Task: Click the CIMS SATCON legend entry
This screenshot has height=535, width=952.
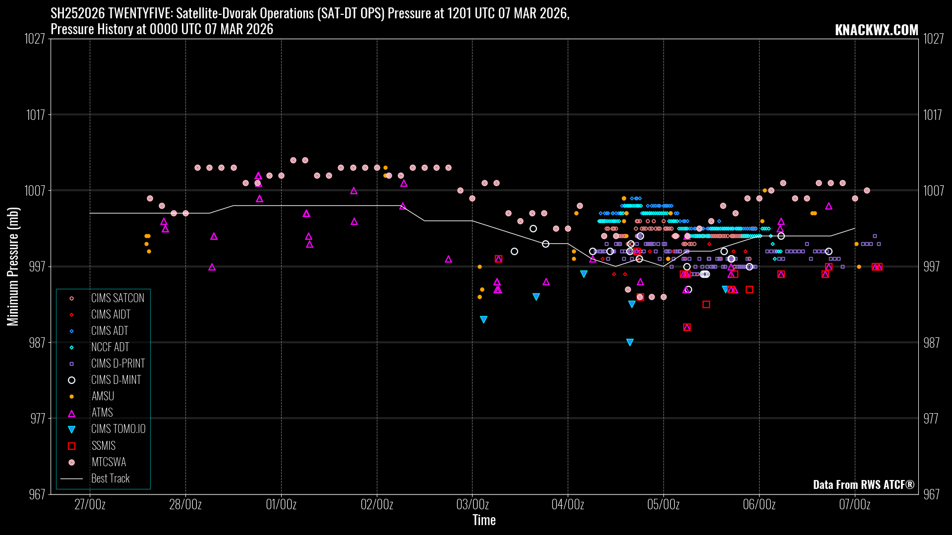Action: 117,298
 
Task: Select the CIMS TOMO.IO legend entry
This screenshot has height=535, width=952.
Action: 118,429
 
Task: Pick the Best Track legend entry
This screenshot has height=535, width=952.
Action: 110,479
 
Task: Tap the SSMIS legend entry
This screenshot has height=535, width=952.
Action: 103,446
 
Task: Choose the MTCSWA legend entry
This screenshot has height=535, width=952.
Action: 109,462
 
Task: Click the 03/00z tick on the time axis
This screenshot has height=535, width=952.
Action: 472,505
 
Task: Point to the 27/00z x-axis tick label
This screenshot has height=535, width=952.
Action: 90,505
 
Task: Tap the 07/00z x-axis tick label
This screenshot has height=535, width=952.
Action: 854,505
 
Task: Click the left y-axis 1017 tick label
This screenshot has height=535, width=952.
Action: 35,115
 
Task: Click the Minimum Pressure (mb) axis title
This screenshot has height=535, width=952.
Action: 13,267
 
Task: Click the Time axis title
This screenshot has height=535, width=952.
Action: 484,520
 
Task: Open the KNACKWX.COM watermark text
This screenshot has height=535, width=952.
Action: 876,30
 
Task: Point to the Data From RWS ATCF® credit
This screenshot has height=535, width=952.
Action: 863,484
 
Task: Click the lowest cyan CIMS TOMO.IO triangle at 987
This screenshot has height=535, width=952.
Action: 630,342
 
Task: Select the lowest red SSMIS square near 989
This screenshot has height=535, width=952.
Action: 687,327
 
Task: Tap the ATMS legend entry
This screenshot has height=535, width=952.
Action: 102,413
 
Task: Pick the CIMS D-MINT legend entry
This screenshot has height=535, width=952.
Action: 116,380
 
